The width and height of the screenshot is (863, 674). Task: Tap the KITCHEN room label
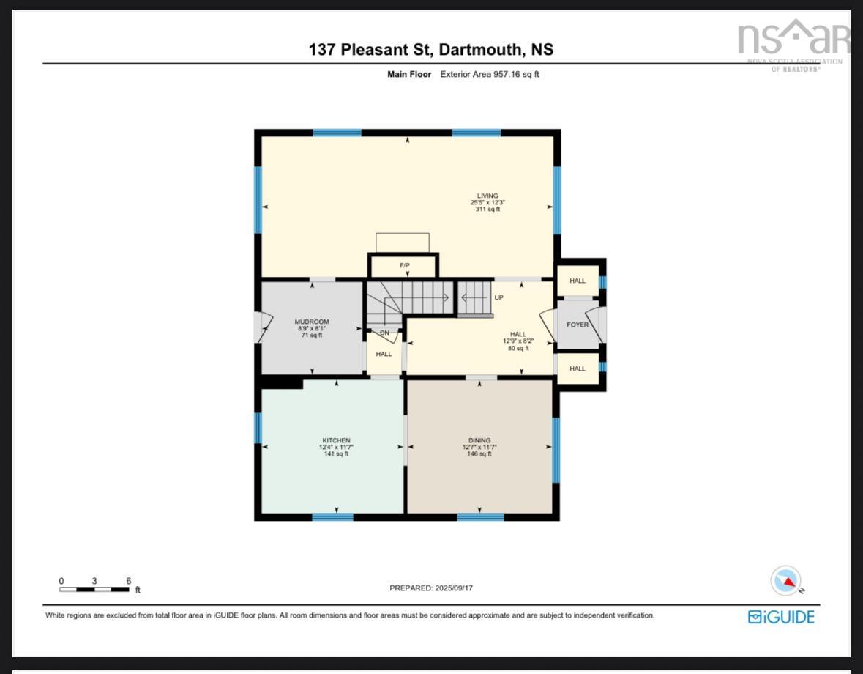pyautogui.click(x=334, y=440)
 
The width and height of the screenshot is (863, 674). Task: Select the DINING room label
pyautogui.click(x=479, y=440)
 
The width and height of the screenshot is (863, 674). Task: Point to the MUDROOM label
pyautogui.click(x=312, y=322)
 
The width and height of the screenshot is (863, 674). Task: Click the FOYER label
pyautogui.click(x=578, y=325)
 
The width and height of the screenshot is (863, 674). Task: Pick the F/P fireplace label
pyautogui.click(x=404, y=265)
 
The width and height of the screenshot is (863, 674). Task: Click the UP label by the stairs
pyautogui.click(x=499, y=298)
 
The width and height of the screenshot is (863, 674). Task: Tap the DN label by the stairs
pyautogui.click(x=384, y=333)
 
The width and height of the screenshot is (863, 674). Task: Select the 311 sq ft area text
pyautogui.click(x=487, y=210)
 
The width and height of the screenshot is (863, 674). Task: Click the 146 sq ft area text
pyautogui.click(x=479, y=454)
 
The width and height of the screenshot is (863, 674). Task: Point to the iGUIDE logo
pyautogui.click(x=781, y=617)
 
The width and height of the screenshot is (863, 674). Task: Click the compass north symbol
pyautogui.click(x=786, y=580)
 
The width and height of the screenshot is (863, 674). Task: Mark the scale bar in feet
pyautogui.click(x=95, y=588)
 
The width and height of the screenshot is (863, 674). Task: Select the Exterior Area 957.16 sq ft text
pyautogui.click(x=489, y=74)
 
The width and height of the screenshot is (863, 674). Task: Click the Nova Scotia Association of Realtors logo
pyautogui.click(x=793, y=44)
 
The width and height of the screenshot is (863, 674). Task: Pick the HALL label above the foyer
pyautogui.click(x=578, y=281)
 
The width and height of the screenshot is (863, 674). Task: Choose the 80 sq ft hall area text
pyautogui.click(x=518, y=348)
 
